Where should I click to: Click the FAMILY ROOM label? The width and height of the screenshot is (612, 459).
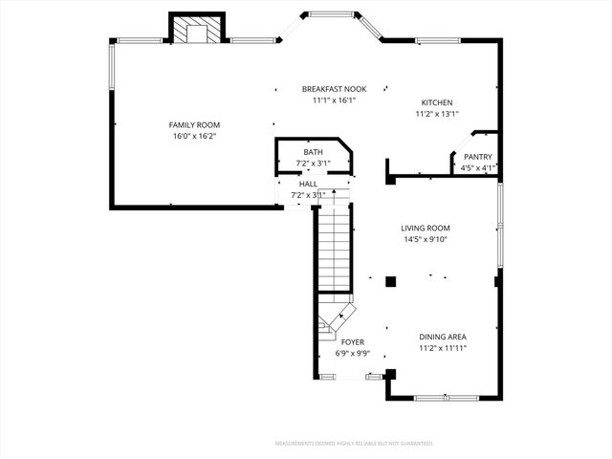tap(194, 125)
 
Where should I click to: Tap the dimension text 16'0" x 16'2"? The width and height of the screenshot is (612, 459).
tap(194, 137)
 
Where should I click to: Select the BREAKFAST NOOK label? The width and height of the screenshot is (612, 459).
tap(334, 89)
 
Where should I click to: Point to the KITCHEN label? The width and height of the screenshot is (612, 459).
tap(437, 103)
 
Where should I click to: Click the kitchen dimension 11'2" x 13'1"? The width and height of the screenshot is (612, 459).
tap(437, 115)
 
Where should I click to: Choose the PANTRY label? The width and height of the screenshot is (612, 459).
tap(477, 157)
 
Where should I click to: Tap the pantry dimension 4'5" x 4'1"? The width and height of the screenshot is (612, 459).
tap(477, 168)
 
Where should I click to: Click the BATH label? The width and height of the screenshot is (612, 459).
tap(314, 152)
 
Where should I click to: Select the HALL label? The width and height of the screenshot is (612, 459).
tap(308, 184)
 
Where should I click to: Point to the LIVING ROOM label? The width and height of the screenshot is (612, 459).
tap(425, 228)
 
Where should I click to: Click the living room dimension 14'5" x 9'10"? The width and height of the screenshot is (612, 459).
tap(425, 239)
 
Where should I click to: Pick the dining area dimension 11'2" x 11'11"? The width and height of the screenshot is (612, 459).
tap(443, 349)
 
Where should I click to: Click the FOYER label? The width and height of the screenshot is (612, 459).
tap(353, 341)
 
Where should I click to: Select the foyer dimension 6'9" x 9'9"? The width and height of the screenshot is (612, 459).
tap(353, 353)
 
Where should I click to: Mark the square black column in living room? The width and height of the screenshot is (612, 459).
tap(390, 281)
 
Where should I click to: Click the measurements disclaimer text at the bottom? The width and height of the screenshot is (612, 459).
tap(354, 444)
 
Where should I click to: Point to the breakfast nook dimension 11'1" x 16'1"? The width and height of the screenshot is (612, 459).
tap(334, 100)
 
